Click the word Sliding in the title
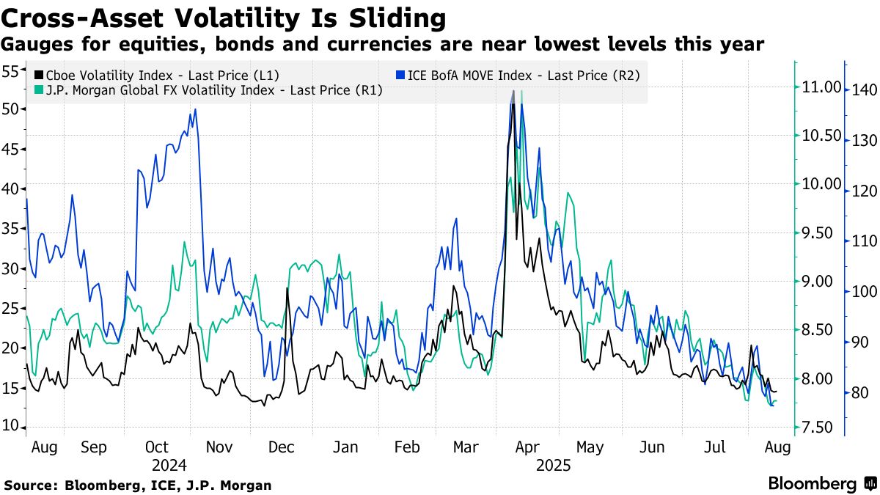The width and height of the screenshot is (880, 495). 397,16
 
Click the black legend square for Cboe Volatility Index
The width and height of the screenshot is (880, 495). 38,75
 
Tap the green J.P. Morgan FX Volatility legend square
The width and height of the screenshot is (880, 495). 38,91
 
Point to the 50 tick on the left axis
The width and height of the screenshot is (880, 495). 12,109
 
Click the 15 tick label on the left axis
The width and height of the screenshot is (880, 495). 12,389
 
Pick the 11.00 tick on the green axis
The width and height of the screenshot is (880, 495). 820,87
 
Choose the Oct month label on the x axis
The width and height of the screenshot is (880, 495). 157,447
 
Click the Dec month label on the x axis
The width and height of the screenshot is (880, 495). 282,447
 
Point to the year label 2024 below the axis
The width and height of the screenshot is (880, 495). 170,465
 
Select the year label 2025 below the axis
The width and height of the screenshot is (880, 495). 550,465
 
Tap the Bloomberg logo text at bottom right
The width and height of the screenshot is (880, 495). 813,484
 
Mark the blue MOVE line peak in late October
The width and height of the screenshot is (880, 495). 195,109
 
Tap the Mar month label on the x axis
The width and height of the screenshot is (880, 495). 467,447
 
